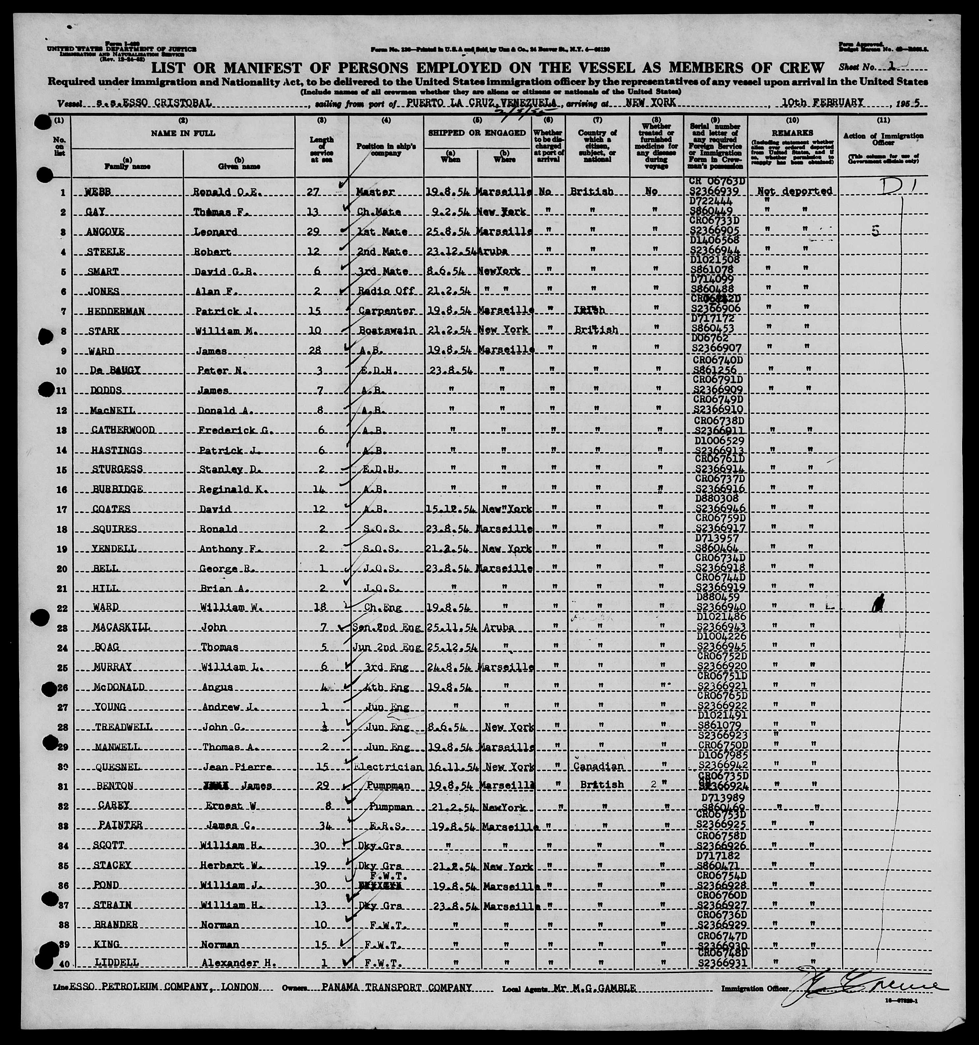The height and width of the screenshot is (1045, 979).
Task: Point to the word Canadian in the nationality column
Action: (598, 767)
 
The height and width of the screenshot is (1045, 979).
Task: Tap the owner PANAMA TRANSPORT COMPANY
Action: (397, 987)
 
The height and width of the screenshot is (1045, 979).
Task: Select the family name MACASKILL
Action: (121, 627)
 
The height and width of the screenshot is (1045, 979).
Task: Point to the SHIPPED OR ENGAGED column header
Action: (477, 133)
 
